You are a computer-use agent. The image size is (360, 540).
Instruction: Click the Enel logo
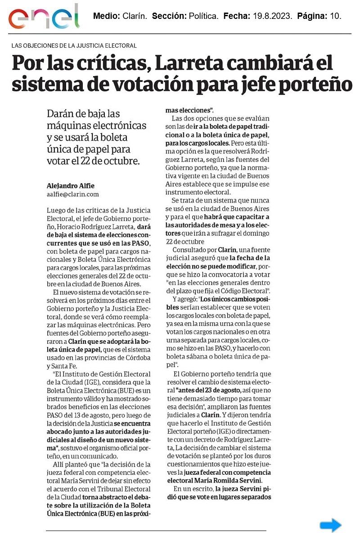coord(44,17)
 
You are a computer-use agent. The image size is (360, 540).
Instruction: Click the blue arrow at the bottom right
coord(331,525)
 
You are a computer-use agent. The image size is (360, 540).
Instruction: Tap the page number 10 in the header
coord(335,16)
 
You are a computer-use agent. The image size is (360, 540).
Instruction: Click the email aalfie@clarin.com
coord(72,194)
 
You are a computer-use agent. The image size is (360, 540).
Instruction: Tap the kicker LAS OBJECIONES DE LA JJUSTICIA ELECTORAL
coord(74,45)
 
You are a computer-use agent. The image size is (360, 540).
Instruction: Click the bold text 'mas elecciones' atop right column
coord(189,110)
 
